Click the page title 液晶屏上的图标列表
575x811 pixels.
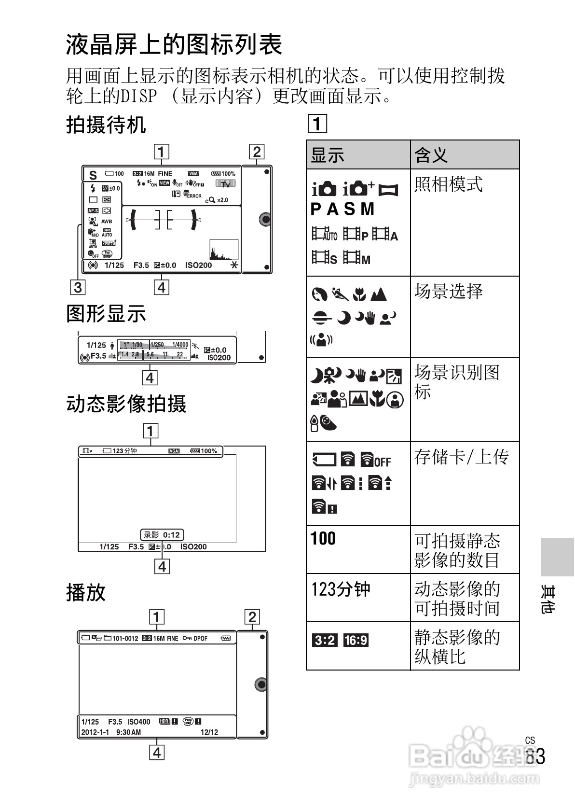tap(174, 45)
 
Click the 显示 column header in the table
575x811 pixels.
tap(328, 155)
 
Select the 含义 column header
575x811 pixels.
tap(431, 155)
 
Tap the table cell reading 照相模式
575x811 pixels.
tap(449, 184)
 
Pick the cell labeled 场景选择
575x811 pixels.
tap(449, 292)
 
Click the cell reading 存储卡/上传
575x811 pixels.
tap(461, 457)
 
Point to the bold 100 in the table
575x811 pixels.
tap(323, 538)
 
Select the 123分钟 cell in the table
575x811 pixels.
tap(341, 589)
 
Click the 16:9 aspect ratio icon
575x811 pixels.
tap(356, 641)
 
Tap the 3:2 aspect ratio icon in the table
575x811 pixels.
tap(325, 641)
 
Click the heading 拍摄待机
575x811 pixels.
tap(106, 125)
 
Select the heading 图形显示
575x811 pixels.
tap(106, 314)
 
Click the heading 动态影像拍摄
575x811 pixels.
tap(126, 404)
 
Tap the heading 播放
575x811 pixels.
tap(86, 592)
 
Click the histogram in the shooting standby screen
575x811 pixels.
tap(224, 250)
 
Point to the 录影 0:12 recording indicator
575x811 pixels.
tap(162, 535)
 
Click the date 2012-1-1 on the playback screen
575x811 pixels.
tap(95, 732)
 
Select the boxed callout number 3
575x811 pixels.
tap(78, 287)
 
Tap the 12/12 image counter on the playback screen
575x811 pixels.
tap(209, 732)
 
